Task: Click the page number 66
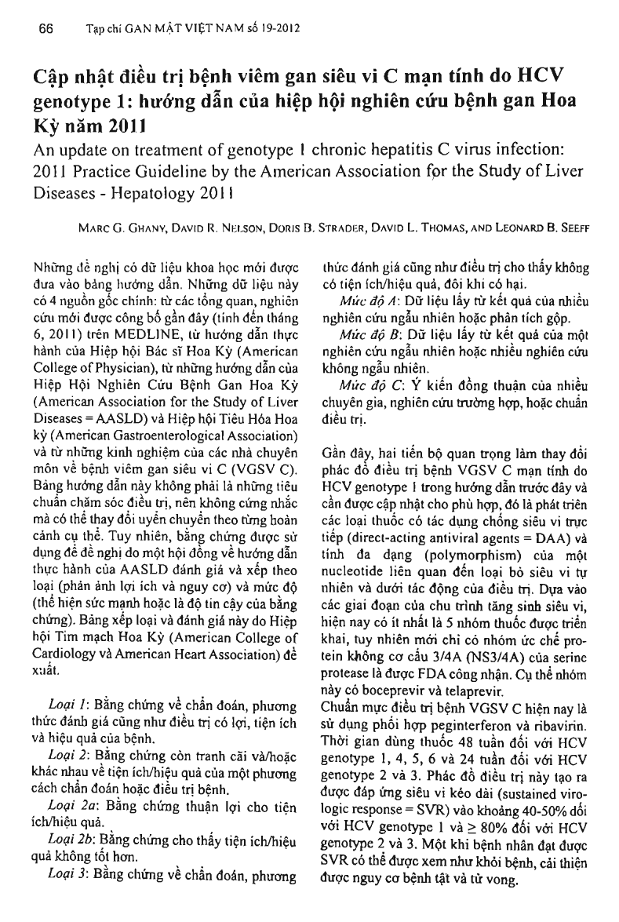tap(45, 29)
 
